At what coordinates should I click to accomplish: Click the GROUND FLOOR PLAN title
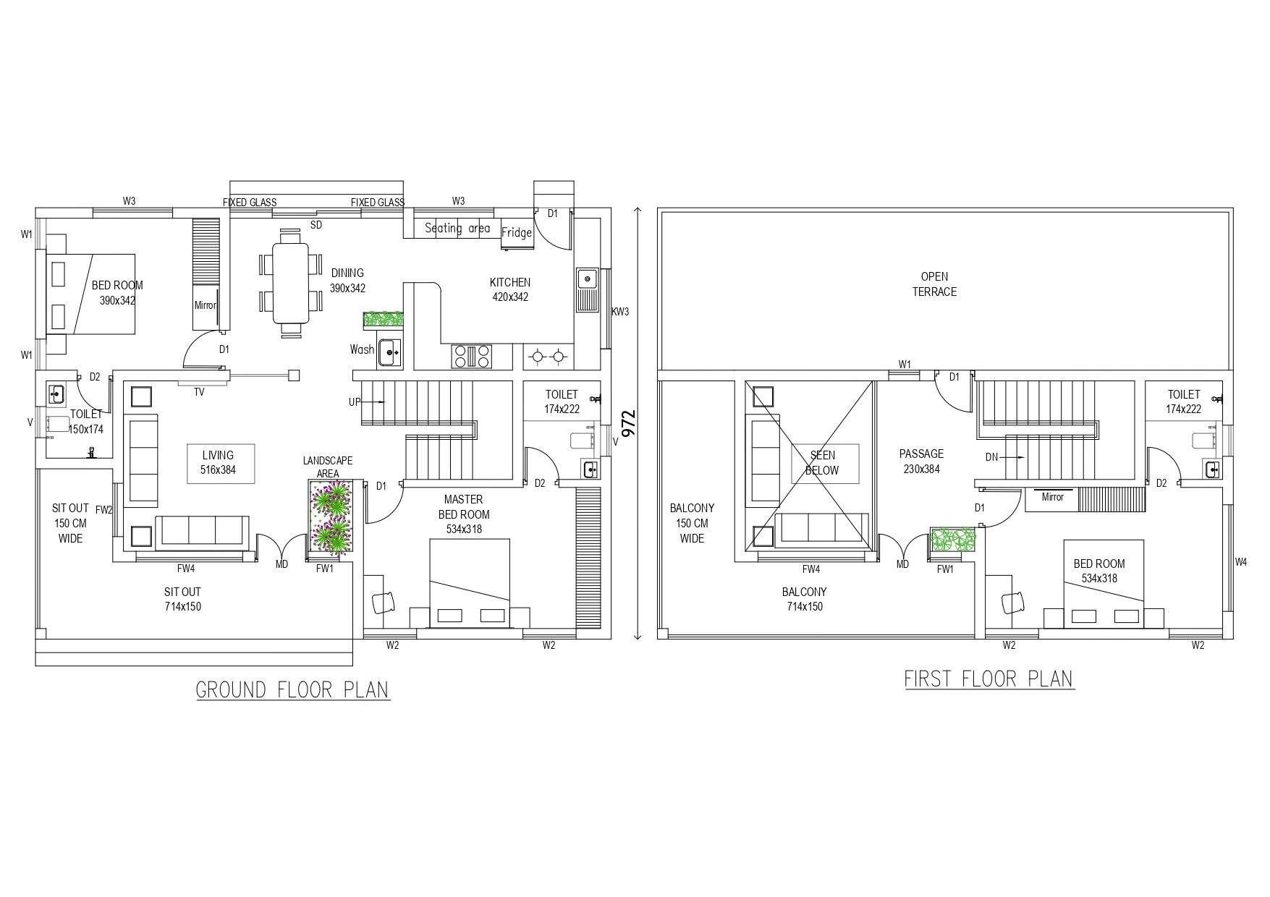(x=292, y=690)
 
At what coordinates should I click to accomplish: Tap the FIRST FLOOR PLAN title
(x=989, y=679)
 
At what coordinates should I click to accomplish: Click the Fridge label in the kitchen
(x=517, y=233)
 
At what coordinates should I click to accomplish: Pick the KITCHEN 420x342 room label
(x=510, y=289)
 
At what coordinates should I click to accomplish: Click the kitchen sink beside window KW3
(x=588, y=289)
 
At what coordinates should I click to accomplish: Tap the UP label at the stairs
(x=355, y=402)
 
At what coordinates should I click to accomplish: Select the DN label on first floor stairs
(x=992, y=457)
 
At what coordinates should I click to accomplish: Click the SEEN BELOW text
(x=823, y=463)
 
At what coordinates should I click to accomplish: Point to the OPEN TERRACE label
(x=934, y=284)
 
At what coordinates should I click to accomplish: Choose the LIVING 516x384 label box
(x=218, y=463)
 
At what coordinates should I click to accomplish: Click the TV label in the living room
(x=199, y=392)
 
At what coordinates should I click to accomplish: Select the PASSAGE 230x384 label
(x=921, y=462)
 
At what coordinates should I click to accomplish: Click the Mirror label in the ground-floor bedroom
(x=205, y=305)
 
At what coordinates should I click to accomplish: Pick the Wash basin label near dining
(x=362, y=350)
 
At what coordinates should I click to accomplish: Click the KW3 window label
(x=620, y=312)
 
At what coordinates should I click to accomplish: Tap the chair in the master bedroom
(x=384, y=602)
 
